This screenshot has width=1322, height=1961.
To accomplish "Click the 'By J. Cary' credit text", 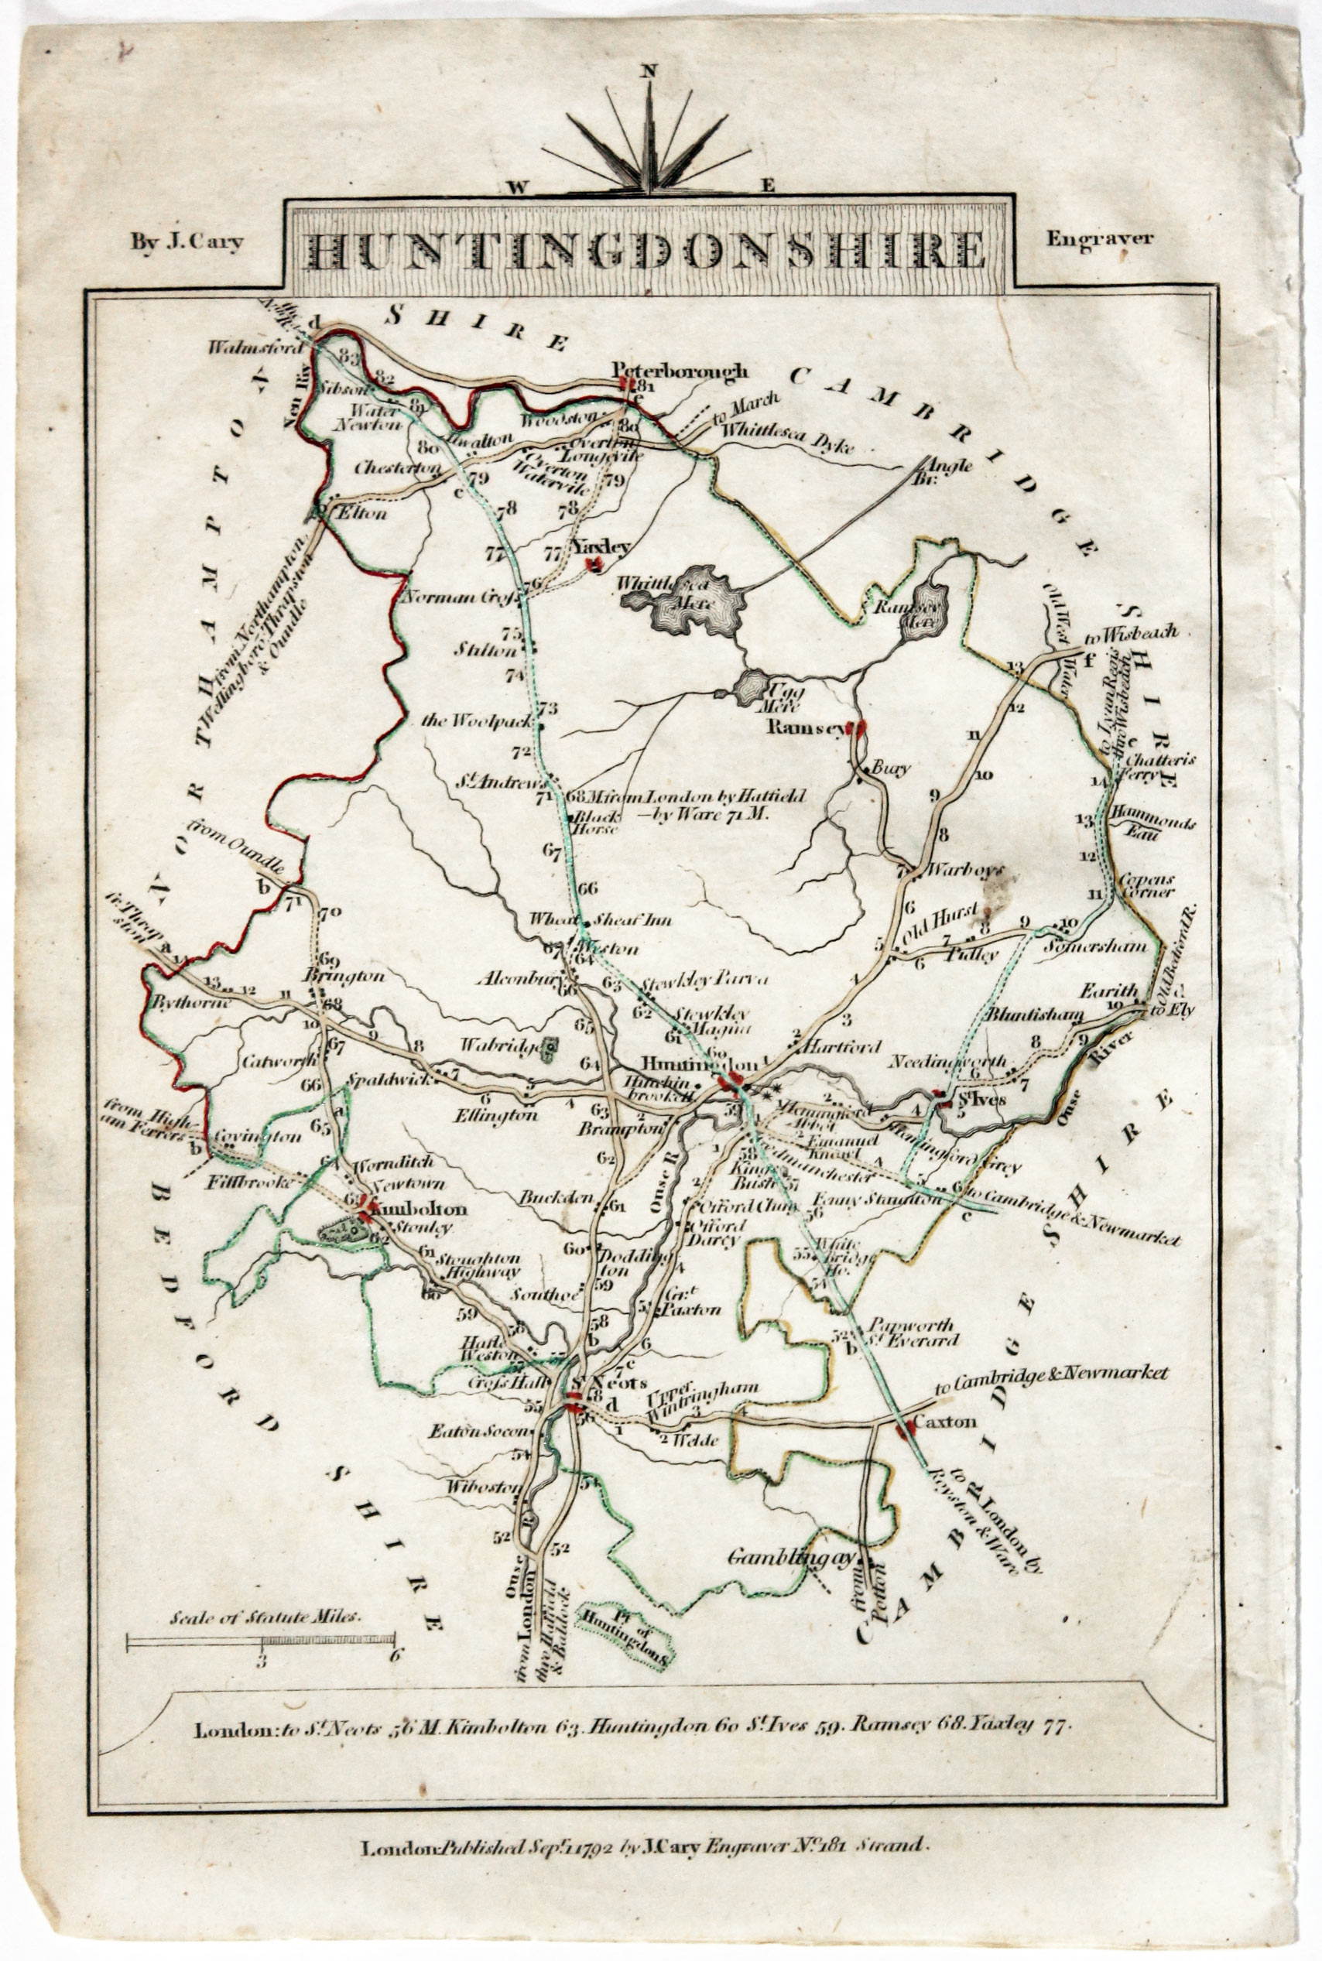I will coord(187,243).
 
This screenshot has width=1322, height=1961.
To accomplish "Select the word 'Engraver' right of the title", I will coord(1098,238).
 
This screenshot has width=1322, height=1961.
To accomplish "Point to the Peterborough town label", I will coord(680,370).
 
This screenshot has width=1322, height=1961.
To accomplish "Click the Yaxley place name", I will coord(601,546).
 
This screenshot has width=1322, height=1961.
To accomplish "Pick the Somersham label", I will coord(1094,946).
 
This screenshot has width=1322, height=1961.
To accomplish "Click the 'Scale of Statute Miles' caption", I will coord(265,1617).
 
